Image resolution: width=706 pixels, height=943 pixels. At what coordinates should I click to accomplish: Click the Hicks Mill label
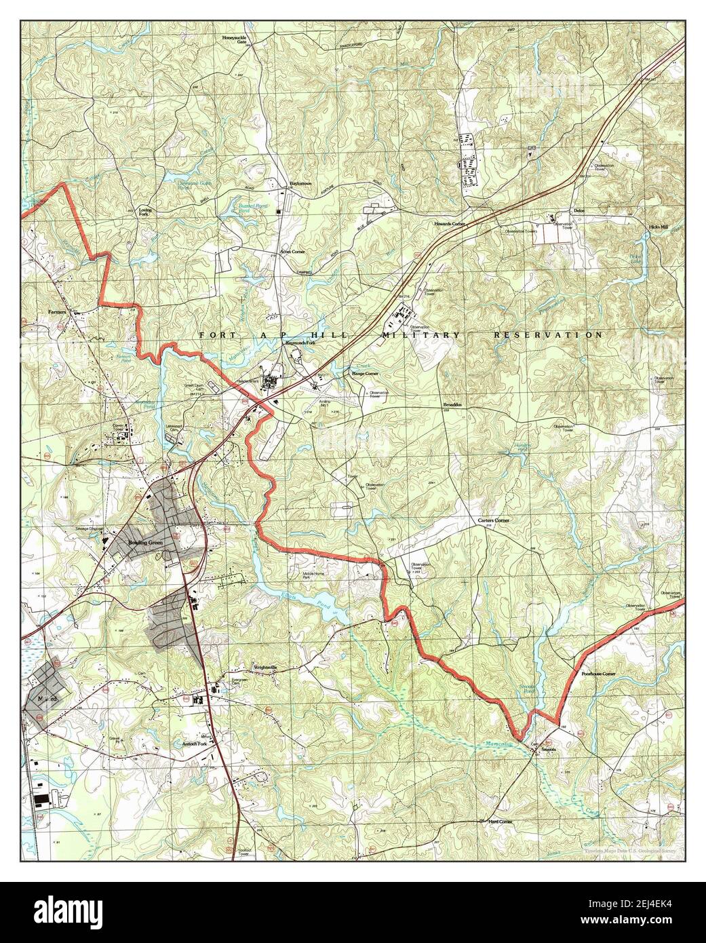tap(658, 227)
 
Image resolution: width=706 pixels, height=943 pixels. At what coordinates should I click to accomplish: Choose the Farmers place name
tap(59, 311)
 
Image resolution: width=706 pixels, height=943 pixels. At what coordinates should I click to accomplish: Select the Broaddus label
tap(452, 405)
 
